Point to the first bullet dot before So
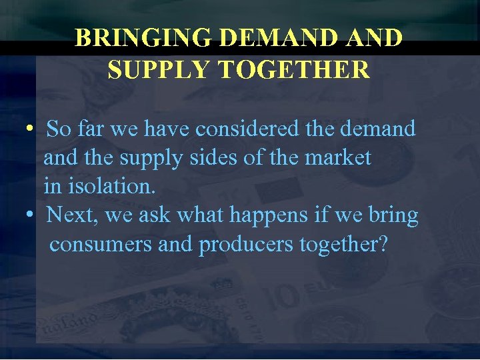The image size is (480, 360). (x=31, y=129)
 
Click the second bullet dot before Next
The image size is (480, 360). (x=31, y=216)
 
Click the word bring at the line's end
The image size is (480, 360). (x=395, y=215)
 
